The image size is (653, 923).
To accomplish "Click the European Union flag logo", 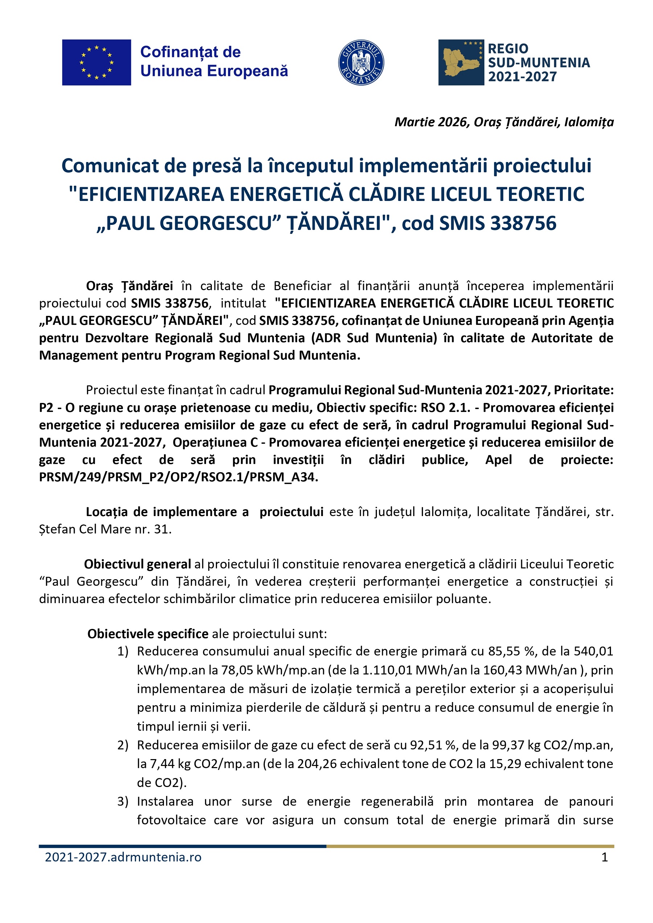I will point(96,62).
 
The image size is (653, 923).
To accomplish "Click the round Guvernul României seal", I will point(361,62).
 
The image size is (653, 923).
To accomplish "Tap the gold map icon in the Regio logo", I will point(461,62).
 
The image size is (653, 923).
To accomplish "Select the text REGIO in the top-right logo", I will point(508,49).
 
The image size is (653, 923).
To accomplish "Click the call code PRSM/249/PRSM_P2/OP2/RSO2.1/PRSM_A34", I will point(178,477).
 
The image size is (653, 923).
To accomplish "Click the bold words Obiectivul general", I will point(137,564).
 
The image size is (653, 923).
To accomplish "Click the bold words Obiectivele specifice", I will point(148,634).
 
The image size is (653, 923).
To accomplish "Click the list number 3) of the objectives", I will point(123,801).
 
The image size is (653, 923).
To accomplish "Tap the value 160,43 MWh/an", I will point(544,670).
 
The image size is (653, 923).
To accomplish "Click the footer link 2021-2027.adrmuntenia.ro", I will point(123,857).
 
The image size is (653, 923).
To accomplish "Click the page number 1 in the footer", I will point(604,857).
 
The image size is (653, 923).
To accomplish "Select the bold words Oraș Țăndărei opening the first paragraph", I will point(130,286).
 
